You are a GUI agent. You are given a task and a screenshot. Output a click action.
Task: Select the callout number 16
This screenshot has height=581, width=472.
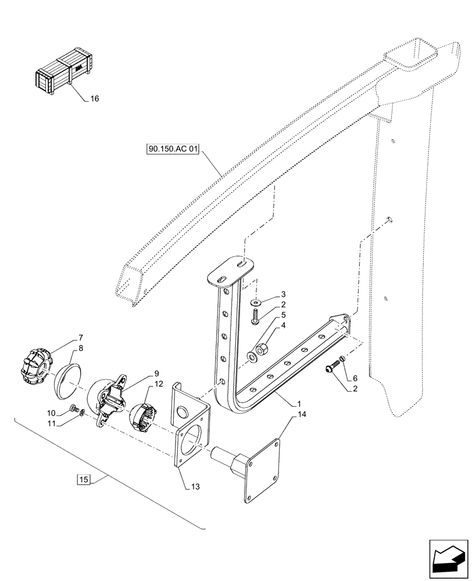click(x=94, y=99)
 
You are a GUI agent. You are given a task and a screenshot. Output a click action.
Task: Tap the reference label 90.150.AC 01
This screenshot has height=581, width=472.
click(x=173, y=150)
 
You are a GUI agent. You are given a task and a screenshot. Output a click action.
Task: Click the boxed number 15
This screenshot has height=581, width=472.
click(x=84, y=479)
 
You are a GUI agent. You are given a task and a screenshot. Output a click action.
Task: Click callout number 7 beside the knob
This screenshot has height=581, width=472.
click(x=80, y=338)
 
